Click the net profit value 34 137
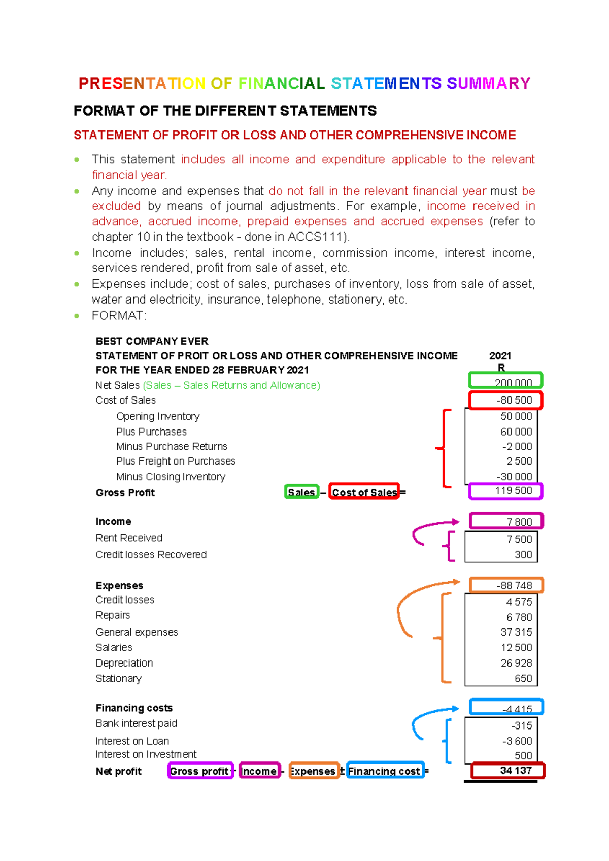click(x=516, y=771)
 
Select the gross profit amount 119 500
click(x=514, y=491)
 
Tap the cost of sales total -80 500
click(x=514, y=400)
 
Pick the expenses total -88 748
click(x=514, y=585)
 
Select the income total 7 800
click(x=519, y=522)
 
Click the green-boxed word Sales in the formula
click(x=301, y=492)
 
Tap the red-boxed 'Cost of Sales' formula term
click(x=364, y=492)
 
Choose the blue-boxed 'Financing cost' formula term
click(x=384, y=771)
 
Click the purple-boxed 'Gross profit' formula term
click(x=199, y=771)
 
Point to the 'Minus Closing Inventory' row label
click(x=171, y=477)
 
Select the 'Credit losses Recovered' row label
click(x=151, y=555)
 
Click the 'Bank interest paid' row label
click(x=136, y=723)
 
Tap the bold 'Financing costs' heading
click(x=134, y=708)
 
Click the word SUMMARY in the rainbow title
click(x=488, y=83)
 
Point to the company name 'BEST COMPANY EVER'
click(x=152, y=341)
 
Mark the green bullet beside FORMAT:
click(x=77, y=316)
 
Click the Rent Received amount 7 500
click(x=519, y=539)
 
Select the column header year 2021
click(x=500, y=356)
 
